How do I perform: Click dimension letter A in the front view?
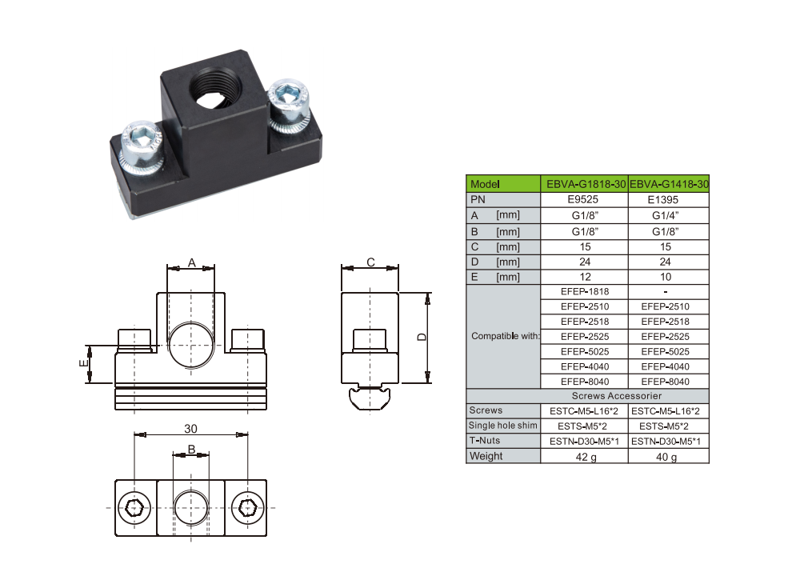[191, 262]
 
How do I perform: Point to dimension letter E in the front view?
[82, 364]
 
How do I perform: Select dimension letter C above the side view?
[370, 262]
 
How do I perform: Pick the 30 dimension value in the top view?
[190, 429]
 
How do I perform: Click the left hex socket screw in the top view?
[134, 507]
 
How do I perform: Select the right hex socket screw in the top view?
[248, 507]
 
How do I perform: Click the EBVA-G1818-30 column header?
[584, 184]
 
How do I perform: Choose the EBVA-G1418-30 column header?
[670, 184]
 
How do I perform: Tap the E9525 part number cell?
[584, 200]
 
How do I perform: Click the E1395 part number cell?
[669, 200]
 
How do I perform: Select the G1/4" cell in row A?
[669, 215]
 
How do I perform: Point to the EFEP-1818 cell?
[584, 292]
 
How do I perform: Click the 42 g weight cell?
[584, 457]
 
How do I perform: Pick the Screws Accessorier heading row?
[627, 396]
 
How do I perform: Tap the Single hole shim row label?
[503, 426]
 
